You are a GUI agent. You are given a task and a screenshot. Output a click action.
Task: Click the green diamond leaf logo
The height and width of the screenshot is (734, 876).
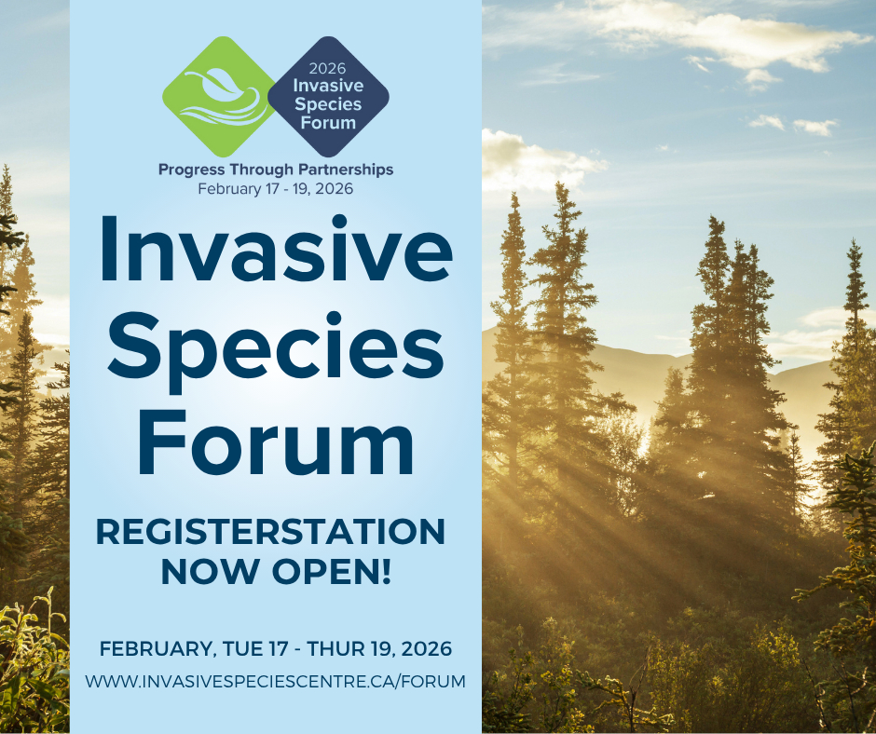[x=218, y=97]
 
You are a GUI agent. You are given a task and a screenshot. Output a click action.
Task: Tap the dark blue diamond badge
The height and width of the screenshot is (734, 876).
[x=328, y=97]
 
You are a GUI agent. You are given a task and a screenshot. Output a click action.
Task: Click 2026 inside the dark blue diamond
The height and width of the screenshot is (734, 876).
[x=327, y=68]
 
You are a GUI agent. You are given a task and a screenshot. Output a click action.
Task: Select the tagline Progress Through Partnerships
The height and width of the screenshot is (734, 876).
[x=276, y=170]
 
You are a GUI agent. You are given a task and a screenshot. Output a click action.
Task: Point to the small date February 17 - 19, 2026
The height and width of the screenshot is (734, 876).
[x=276, y=189]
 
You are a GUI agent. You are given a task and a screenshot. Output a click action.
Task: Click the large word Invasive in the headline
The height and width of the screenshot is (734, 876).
[x=276, y=249]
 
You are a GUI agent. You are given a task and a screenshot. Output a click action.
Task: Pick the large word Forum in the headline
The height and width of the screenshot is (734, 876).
[x=276, y=442]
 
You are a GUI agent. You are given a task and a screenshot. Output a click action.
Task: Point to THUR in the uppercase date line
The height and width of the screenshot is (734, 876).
[x=335, y=648]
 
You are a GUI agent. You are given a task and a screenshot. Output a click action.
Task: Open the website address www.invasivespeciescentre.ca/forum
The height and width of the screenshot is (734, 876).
[x=276, y=682]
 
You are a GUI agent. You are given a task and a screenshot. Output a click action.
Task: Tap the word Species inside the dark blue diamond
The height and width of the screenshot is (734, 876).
[x=328, y=104]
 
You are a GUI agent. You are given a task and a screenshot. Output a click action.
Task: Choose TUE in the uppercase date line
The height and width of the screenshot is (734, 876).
[x=241, y=648]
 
